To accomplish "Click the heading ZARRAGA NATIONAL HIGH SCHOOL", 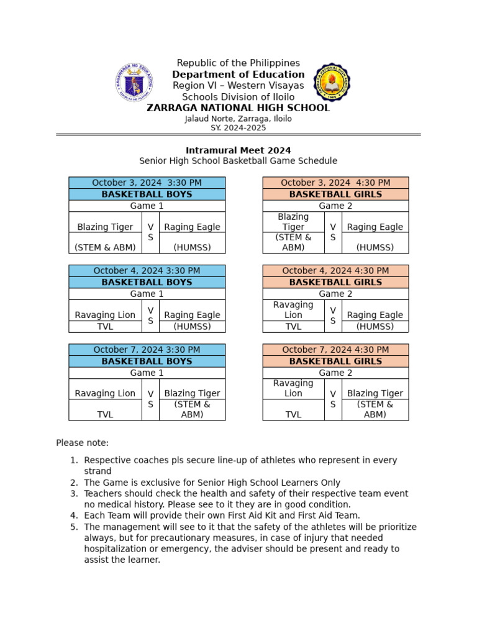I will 238,108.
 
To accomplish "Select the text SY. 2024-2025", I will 238,128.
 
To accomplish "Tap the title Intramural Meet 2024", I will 238,150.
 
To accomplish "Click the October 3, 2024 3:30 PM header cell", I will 147,183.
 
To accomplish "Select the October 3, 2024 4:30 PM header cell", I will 335,183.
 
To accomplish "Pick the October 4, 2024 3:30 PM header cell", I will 147,271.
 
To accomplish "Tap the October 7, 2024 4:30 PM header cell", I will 335,350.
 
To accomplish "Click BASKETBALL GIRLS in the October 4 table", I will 335,282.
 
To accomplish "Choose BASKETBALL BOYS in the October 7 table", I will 147,361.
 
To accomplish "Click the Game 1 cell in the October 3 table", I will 147,206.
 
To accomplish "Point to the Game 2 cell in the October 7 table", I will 335,373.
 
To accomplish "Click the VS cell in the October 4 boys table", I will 150,316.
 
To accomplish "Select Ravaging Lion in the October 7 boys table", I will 105,393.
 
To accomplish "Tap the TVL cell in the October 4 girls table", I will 293,327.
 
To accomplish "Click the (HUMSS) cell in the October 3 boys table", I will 192,247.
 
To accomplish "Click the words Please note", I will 82,443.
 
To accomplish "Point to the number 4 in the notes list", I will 73,516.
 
